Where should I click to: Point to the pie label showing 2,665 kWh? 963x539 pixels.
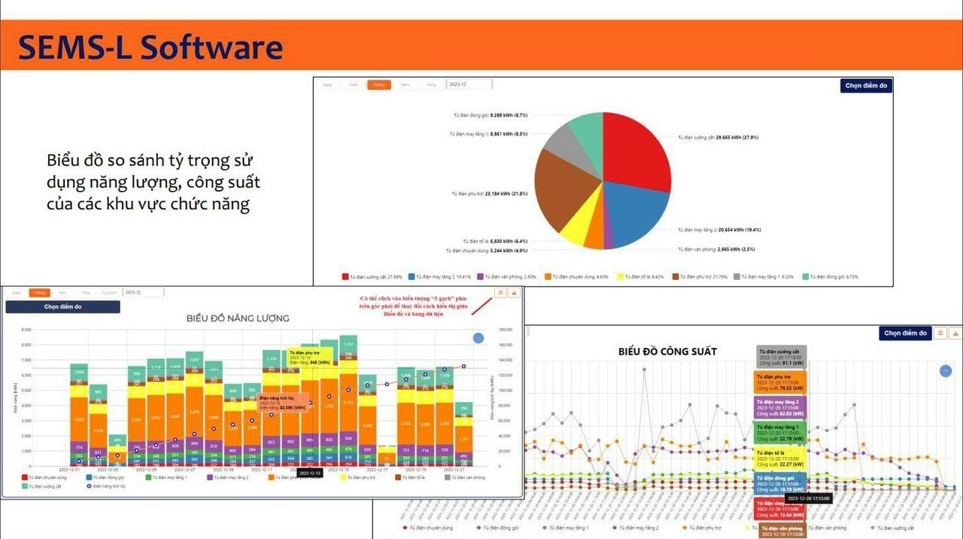[714, 249]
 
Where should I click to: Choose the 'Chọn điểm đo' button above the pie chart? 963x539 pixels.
[866, 86]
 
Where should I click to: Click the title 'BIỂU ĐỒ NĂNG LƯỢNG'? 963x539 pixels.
[238, 318]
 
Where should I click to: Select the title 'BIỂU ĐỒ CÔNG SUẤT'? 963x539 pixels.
[667, 352]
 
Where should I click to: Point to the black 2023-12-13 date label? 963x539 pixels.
[310, 473]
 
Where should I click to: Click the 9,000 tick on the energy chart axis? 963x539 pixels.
[26, 330]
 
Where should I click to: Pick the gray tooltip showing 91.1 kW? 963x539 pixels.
[781, 357]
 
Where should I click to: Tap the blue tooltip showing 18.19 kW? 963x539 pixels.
[780, 483]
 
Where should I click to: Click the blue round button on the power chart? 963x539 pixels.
[945, 370]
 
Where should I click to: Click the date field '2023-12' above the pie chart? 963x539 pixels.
[469, 85]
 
